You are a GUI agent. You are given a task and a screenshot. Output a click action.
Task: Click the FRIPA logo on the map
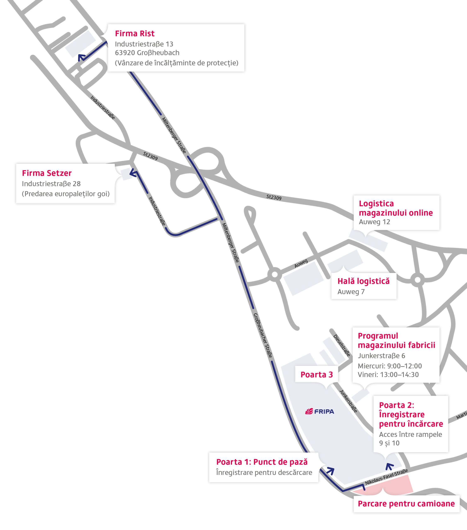tap(319, 412)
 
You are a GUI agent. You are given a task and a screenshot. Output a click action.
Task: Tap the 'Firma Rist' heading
tap(135, 34)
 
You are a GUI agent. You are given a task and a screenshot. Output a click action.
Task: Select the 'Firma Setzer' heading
tap(47, 173)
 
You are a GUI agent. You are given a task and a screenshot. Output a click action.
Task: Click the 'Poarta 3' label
tap(317, 375)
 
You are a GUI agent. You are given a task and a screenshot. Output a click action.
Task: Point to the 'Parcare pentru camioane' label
tap(406, 503)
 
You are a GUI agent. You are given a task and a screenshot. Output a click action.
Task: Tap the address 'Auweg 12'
tap(374, 222)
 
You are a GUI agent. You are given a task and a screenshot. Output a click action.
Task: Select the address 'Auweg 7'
tap(351, 292)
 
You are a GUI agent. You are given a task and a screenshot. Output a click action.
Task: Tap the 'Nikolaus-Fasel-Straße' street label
tap(386, 477)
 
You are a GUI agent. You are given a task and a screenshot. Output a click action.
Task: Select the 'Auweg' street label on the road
tap(301, 263)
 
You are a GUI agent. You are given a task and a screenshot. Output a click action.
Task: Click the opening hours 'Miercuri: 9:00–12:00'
tap(390, 366)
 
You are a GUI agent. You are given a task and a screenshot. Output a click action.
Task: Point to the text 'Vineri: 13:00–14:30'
tap(388, 375)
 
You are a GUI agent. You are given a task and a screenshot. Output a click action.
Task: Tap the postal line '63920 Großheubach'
tap(147, 53)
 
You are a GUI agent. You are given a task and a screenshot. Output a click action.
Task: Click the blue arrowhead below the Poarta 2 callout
tap(389, 466)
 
